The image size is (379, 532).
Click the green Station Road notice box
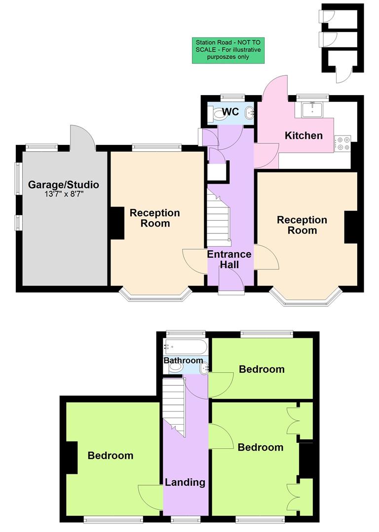click(227, 50)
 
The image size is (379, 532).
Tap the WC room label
click(230, 112)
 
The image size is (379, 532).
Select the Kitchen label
click(304, 135)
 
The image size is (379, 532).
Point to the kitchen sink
click(312, 109)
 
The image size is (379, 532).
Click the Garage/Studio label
click(63, 185)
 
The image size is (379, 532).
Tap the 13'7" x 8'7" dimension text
click(63, 195)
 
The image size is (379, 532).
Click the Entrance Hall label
click(229, 260)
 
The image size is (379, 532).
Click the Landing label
click(185, 482)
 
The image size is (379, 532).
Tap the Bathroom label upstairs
click(183, 361)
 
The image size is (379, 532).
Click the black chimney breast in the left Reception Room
click(117, 223)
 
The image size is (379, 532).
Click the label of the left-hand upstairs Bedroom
click(111, 456)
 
